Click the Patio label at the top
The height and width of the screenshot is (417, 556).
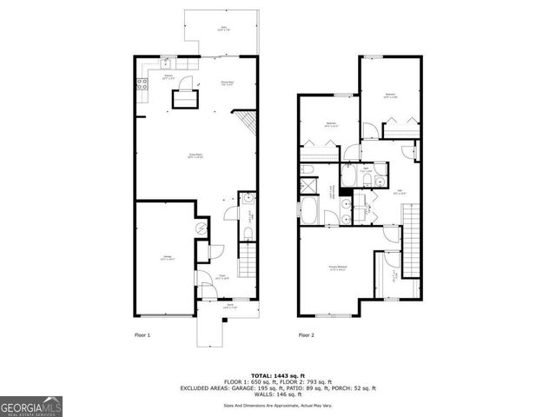coord(223,29)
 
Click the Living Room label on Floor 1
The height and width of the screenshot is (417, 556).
coord(196,156)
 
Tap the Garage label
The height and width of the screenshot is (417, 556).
coord(166,256)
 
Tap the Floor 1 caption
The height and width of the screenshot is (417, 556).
coord(142,334)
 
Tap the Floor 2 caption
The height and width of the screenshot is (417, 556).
coord(307,334)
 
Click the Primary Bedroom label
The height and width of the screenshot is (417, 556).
coord(338,267)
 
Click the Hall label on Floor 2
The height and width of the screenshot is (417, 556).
coord(400,191)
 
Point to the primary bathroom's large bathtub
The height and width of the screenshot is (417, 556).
coord(311,209)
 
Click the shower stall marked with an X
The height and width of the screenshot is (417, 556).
coord(308,185)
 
